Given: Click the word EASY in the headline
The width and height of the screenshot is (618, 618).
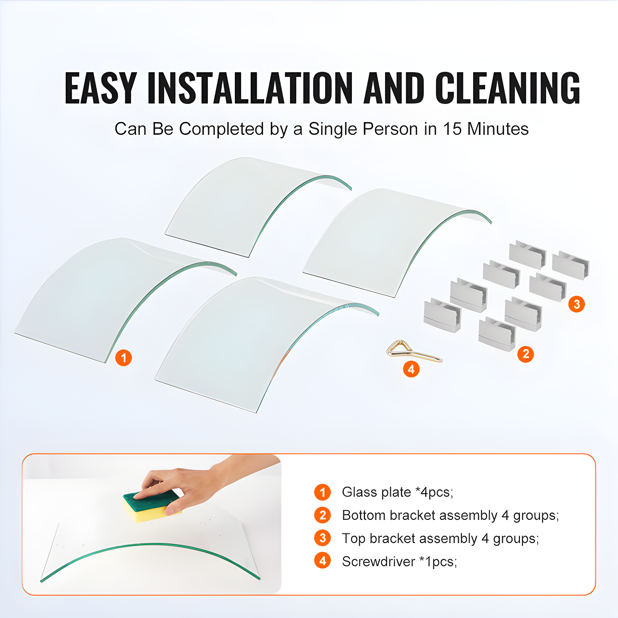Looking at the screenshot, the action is point(101,88).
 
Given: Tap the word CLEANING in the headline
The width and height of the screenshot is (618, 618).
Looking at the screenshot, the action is point(508,88).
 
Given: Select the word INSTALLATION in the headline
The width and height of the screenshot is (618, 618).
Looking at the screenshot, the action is point(250,88).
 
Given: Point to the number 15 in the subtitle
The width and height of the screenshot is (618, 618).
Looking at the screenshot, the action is point(452,129).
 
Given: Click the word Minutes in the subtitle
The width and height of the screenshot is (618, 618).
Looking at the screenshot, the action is point(498,129).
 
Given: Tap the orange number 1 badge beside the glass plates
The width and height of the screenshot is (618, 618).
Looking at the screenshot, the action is point(124,358).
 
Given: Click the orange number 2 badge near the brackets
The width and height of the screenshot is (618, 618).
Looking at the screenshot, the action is point(526,354).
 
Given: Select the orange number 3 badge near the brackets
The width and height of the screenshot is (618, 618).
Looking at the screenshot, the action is point(577,304).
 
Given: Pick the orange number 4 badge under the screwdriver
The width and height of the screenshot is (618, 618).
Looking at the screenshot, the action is point(411,369).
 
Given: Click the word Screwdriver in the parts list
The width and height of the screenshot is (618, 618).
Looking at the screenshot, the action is point(379,562).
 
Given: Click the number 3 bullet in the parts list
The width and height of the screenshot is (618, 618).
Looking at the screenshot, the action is point(323,538).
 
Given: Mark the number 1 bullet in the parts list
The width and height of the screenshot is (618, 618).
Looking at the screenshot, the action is point(323,492).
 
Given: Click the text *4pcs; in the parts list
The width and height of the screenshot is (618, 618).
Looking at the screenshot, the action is point(434,492).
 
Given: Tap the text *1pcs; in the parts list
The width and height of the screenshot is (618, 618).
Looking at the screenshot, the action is point(438,562).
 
